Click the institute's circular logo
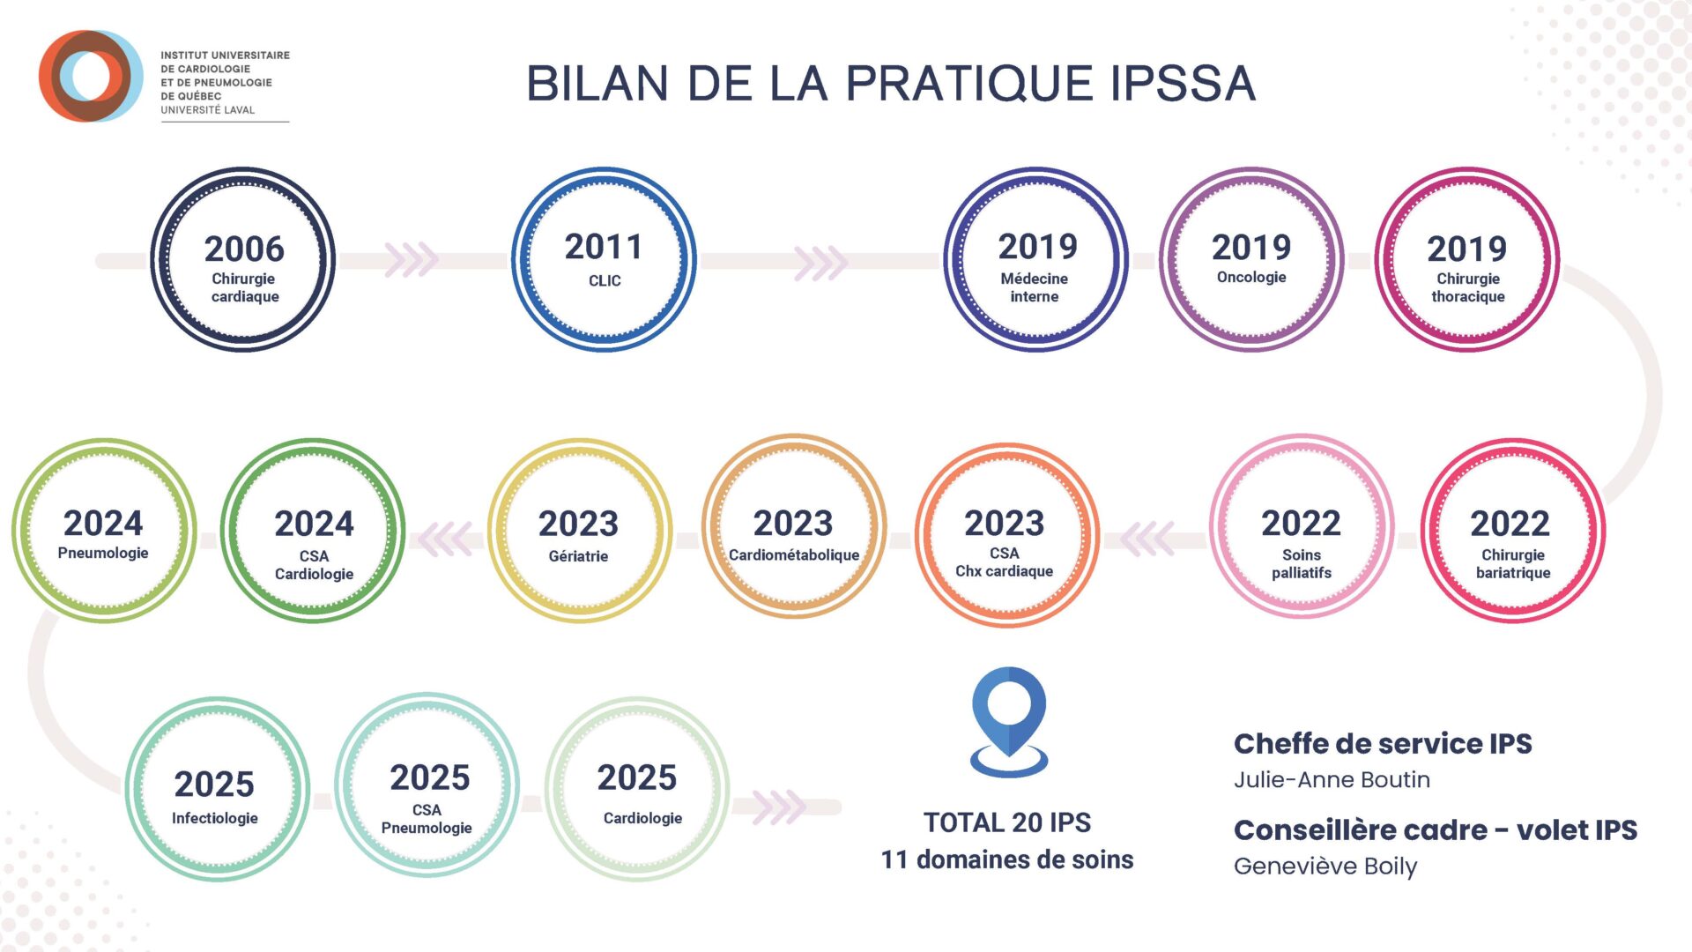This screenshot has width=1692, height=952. point(90,76)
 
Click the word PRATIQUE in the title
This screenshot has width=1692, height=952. point(968,85)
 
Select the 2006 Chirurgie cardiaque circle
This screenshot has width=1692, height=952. point(243,260)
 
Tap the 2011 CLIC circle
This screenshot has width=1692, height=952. point(604,260)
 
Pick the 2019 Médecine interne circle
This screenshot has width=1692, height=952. point(1035,260)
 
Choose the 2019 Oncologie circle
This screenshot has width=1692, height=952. point(1250,260)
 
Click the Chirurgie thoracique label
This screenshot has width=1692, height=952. point(1467,287)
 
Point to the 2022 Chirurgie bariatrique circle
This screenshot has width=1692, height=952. point(1512,532)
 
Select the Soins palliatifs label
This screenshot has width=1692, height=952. point(1302,563)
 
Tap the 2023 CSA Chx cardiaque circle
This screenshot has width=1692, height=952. point(1006,534)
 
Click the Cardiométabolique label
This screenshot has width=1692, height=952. point(794,555)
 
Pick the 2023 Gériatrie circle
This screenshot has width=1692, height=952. point(579,532)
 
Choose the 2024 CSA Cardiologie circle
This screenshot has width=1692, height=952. point(313,532)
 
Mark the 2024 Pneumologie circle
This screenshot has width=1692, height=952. point(104,532)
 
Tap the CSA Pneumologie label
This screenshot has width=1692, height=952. point(427,819)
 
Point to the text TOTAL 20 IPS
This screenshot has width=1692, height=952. point(1006,822)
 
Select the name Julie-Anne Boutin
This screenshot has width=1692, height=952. point(1332,780)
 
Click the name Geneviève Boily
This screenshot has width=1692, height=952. point(1325,866)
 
